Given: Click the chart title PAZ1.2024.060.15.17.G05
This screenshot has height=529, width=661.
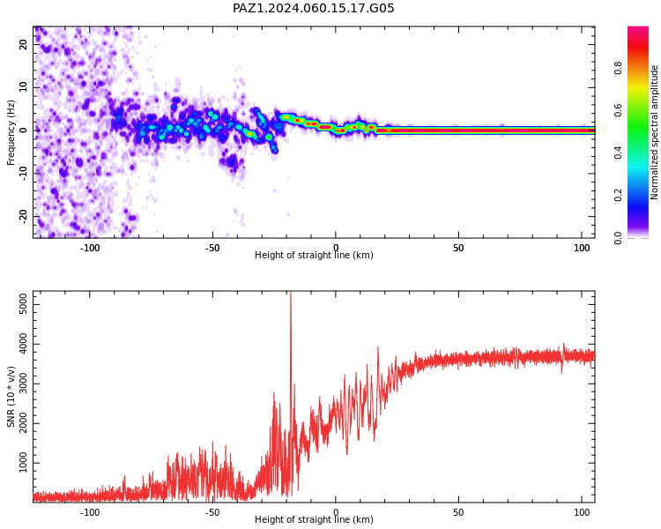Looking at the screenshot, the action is tap(313, 8).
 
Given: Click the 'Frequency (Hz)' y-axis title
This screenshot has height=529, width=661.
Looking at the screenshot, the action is tap(11, 132).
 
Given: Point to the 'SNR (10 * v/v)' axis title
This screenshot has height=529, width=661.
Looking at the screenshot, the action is tap(11, 396).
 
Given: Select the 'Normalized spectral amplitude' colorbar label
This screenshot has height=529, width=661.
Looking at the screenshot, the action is tap(654, 132).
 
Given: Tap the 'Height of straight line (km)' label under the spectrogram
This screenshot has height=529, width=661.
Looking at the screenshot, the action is tap(314, 255).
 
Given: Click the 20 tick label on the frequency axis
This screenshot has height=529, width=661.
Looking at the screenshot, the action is tap(23, 44).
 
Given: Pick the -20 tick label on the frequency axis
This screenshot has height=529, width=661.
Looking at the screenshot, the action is tap(23, 216).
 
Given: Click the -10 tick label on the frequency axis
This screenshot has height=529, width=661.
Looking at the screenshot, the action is tap(23, 174).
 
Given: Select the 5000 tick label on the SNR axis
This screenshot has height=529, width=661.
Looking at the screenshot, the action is tap(23, 304).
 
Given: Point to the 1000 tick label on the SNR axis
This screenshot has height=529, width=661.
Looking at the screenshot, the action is tap(23, 463).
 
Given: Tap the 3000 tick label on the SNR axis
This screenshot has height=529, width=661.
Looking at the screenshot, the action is tap(23, 384).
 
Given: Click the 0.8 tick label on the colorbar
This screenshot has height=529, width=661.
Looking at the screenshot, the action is tap(618, 68).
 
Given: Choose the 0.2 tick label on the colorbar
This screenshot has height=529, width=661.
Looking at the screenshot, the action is tap(618, 196).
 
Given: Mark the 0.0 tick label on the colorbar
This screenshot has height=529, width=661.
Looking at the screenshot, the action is tap(618, 237).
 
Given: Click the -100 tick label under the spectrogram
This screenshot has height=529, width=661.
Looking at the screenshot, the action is tap(89, 248).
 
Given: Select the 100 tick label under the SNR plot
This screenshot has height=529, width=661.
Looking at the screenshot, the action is tap(582, 512).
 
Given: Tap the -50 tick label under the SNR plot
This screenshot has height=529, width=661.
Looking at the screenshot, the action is tap(212, 512).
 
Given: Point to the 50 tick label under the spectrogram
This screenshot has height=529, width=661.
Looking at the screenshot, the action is tap(458, 248).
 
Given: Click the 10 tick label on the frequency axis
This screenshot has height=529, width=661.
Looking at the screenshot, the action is tap(23, 87).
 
